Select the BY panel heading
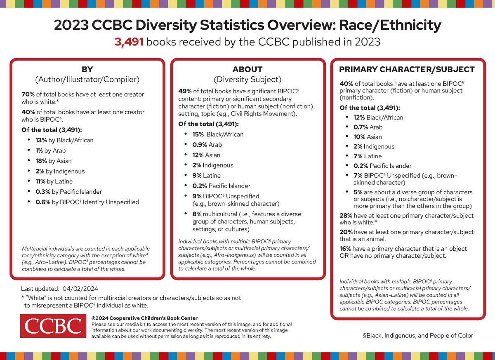coord(87,69)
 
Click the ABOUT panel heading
coord(247,69)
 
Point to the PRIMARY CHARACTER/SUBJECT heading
coord(407,69)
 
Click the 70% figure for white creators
coord(28,94)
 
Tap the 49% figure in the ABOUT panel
coord(184,91)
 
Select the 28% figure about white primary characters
coord(346,216)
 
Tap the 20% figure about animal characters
coord(346,232)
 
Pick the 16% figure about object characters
coord(345,249)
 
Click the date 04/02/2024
coord(80,289)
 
